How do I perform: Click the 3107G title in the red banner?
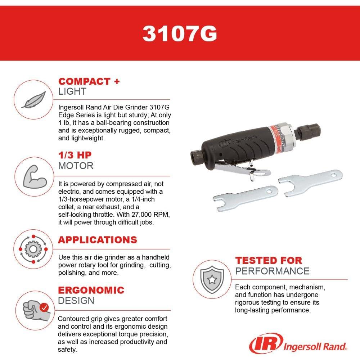pos(180,33)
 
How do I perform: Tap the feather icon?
pos(33,100)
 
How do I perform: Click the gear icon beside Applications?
pos(33,249)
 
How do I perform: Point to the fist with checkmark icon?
pos(35,309)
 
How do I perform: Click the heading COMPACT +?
pos(89,81)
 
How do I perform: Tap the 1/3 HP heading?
pos(75,156)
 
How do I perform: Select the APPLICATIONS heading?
pos(98,240)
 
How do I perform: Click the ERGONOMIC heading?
pos(91,290)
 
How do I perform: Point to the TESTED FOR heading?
pos(269,260)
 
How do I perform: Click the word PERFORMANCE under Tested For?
pos(272,271)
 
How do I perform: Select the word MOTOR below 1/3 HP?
pos(76,166)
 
